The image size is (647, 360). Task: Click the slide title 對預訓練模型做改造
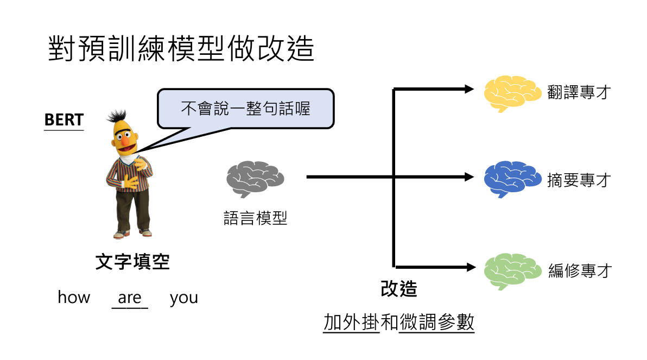click(x=181, y=49)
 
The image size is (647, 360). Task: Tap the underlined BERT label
click(x=64, y=120)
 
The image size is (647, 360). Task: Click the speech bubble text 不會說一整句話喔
click(x=245, y=108)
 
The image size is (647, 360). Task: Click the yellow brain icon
click(x=512, y=92)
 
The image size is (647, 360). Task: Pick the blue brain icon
click(x=512, y=179)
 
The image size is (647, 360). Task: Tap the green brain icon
click(x=512, y=270)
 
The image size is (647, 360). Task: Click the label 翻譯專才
click(x=580, y=93)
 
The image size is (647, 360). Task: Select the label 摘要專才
click(x=580, y=180)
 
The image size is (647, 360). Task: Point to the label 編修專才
click(x=580, y=270)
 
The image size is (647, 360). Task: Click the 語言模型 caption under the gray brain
click(x=255, y=218)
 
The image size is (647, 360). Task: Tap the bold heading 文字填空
click(x=132, y=262)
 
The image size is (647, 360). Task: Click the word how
click(x=74, y=298)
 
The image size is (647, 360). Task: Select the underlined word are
click(x=129, y=298)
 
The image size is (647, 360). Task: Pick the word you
click(x=183, y=298)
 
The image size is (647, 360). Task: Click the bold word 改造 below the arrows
click(x=399, y=288)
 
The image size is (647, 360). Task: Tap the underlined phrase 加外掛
click(x=351, y=323)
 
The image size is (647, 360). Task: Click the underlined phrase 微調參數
click(x=436, y=323)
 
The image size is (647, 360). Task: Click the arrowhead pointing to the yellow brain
click(x=470, y=90)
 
